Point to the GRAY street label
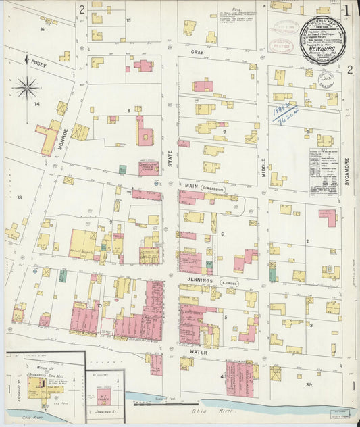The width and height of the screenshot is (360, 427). pyautogui.click(x=197, y=52)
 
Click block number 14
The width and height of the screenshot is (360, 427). pyautogui.click(x=38, y=104)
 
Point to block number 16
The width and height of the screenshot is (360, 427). pyautogui.click(x=42, y=29)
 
